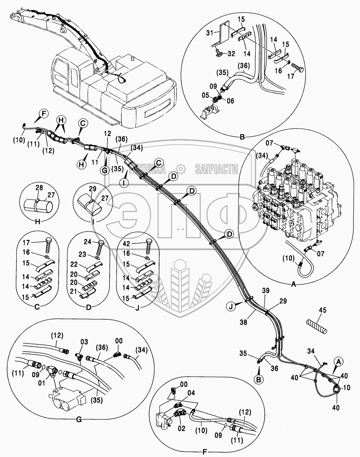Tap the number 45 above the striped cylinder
pyautogui.click(x=323, y=310)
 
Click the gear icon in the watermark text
pyautogui.click(x=180, y=169)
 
